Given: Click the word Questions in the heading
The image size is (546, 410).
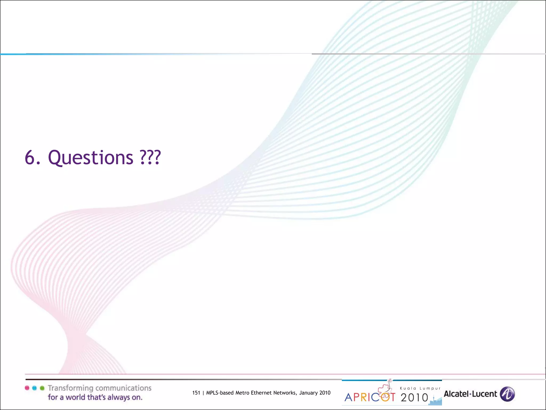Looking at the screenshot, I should (90, 157).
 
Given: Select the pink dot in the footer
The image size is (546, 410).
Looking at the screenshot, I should (27, 388).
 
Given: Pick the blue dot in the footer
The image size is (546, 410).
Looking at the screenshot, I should (34, 388).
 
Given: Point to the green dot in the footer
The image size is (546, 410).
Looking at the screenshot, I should (42, 388).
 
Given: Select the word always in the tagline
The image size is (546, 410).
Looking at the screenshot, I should (117, 397).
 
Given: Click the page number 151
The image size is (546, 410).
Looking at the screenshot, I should (196, 393).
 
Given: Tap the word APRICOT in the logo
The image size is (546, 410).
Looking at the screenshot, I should (370, 397).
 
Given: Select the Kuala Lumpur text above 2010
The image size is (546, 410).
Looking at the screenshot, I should (420, 388).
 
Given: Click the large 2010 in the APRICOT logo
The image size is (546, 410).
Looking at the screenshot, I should (414, 398).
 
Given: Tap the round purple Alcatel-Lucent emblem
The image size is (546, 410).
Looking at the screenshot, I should (507, 394).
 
